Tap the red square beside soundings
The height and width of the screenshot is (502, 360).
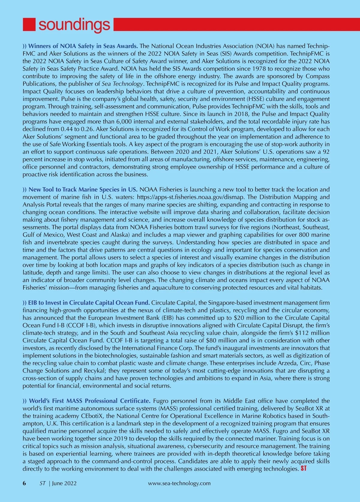pos(29,25)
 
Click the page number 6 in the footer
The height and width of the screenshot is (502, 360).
pos(25,483)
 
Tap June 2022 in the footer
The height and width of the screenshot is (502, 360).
pos(64,483)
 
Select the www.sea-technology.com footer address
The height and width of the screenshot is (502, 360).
pos(179,483)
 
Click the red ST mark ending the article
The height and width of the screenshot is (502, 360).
pos(303,468)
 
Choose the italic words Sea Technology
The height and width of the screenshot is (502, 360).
pos(119,84)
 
